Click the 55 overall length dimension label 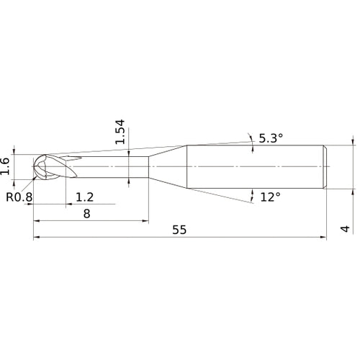(179, 230)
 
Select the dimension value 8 (86, 213)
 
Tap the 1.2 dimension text (84, 197)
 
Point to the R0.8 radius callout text (19, 197)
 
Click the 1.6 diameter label (5, 166)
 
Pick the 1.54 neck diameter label (120, 132)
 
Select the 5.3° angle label (271, 138)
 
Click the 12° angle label (271, 197)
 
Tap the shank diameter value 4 (346, 229)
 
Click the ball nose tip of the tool (33, 166)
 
